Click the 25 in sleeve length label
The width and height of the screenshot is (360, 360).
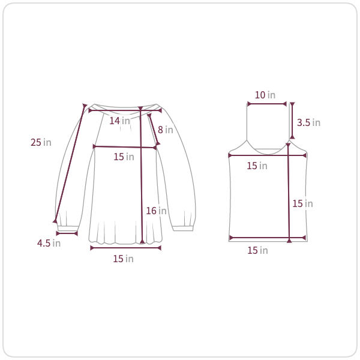click(x=41, y=142)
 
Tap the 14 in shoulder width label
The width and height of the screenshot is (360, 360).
click(x=119, y=121)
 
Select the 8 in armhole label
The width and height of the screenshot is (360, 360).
click(x=166, y=130)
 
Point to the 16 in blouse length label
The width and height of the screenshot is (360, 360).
click(x=156, y=211)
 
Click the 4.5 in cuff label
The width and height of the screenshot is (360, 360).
click(x=49, y=243)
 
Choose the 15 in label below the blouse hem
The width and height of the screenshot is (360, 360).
click(x=123, y=259)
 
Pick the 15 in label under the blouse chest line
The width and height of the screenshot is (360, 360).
click(x=124, y=157)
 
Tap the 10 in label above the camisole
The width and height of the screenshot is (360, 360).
click(x=265, y=95)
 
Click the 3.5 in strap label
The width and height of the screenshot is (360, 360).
click(x=308, y=122)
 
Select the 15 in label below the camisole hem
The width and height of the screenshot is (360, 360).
click(x=257, y=250)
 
